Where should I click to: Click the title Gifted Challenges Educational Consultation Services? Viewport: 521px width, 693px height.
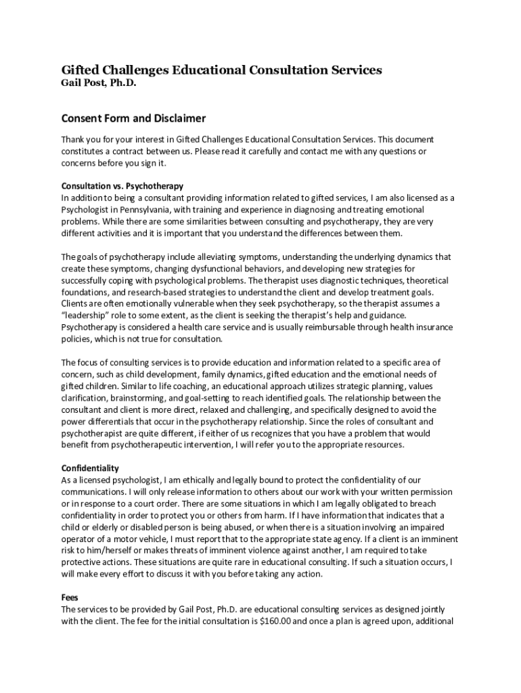pos(222,70)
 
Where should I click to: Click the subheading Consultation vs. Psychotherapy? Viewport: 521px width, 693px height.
pos(122,185)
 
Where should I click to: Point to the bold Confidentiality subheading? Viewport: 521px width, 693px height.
pos(90,468)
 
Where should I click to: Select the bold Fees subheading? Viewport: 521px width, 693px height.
pos(70,598)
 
